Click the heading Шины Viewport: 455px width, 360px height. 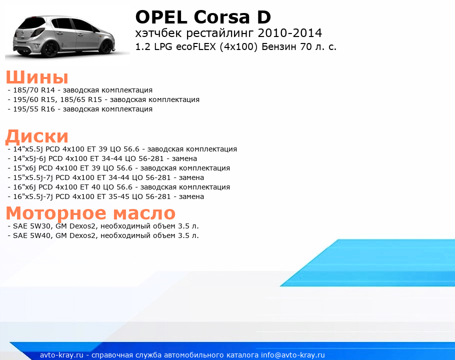point(37,77)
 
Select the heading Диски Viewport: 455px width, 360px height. point(37,136)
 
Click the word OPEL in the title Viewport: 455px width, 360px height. point(161,17)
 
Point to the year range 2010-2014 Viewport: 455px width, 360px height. point(289,33)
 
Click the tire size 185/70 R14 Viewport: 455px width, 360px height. point(34,90)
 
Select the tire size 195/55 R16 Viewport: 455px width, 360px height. point(34,109)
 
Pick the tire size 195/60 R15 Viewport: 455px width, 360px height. point(34,99)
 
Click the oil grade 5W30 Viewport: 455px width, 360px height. point(40,226)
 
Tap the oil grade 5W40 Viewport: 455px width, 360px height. point(40,235)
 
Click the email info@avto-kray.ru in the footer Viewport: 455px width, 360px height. point(293,355)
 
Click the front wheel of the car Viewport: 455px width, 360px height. point(107,46)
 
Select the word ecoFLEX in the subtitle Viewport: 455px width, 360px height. point(196,46)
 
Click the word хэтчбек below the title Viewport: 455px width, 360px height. point(158,33)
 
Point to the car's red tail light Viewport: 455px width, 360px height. point(37,32)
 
